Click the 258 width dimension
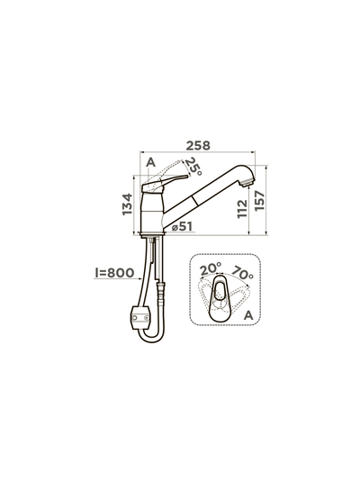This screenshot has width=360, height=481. (x=198, y=145)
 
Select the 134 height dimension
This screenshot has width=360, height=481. (x=127, y=204)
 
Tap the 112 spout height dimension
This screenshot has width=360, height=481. (x=242, y=209)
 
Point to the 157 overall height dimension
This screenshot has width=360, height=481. (x=259, y=201)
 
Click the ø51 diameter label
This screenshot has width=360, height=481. (x=183, y=226)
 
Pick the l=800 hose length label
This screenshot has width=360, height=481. (x=114, y=272)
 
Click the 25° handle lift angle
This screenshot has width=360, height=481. (x=193, y=166)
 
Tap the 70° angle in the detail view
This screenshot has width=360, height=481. (x=242, y=272)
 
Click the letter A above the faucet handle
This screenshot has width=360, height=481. (x=150, y=162)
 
